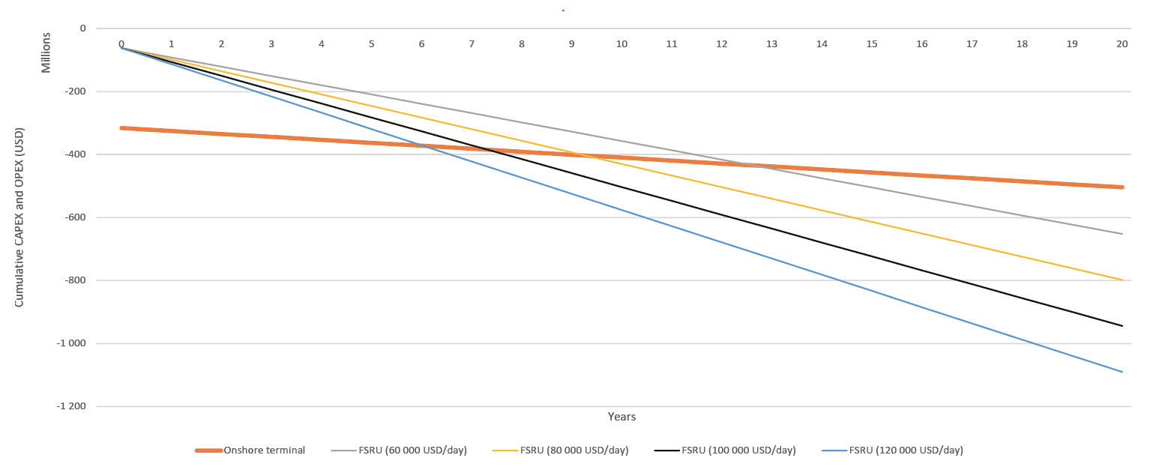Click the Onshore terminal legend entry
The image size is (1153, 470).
(264, 451)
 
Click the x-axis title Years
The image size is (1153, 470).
(621, 417)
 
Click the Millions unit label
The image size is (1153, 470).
(46, 52)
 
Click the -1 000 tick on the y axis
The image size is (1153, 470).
(72, 343)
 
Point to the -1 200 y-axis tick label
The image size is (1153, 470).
(72, 406)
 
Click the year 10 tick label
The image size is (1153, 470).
(621, 44)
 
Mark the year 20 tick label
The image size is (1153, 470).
(1122, 44)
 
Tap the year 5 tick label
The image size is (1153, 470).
(371, 44)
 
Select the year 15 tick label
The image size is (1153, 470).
(872, 44)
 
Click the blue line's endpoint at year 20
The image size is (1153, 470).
(1122, 372)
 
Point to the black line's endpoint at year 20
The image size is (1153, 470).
(1122, 326)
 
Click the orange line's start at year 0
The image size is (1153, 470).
(121, 128)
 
